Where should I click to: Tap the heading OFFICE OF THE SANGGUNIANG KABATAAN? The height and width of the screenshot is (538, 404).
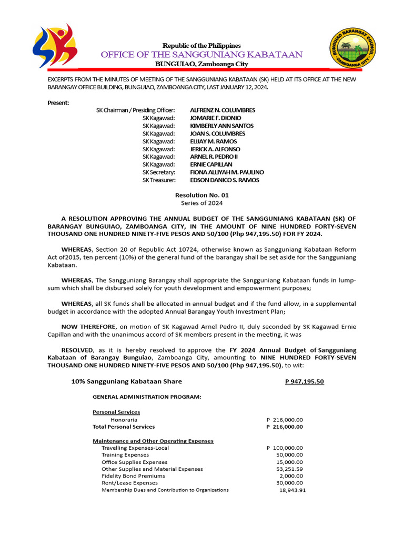tap(201, 55)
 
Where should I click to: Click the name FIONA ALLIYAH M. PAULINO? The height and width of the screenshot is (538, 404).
tap(227, 172)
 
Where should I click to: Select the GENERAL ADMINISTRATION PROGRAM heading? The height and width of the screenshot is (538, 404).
tap(147, 397)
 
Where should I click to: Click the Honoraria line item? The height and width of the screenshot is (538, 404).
tap(124, 420)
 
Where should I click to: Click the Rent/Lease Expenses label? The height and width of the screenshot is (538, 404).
tap(129, 482)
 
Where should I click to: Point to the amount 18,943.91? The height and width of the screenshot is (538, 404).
tap(292, 490)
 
